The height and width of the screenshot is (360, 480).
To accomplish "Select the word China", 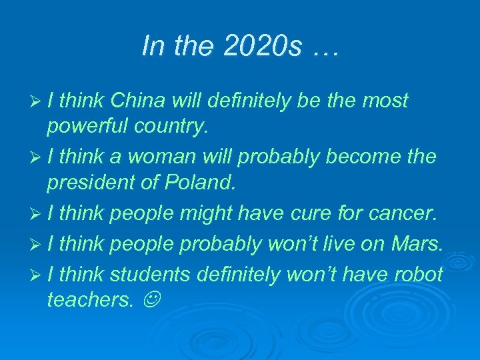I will click(138, 101).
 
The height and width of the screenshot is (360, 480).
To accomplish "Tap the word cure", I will click(309, 214).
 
